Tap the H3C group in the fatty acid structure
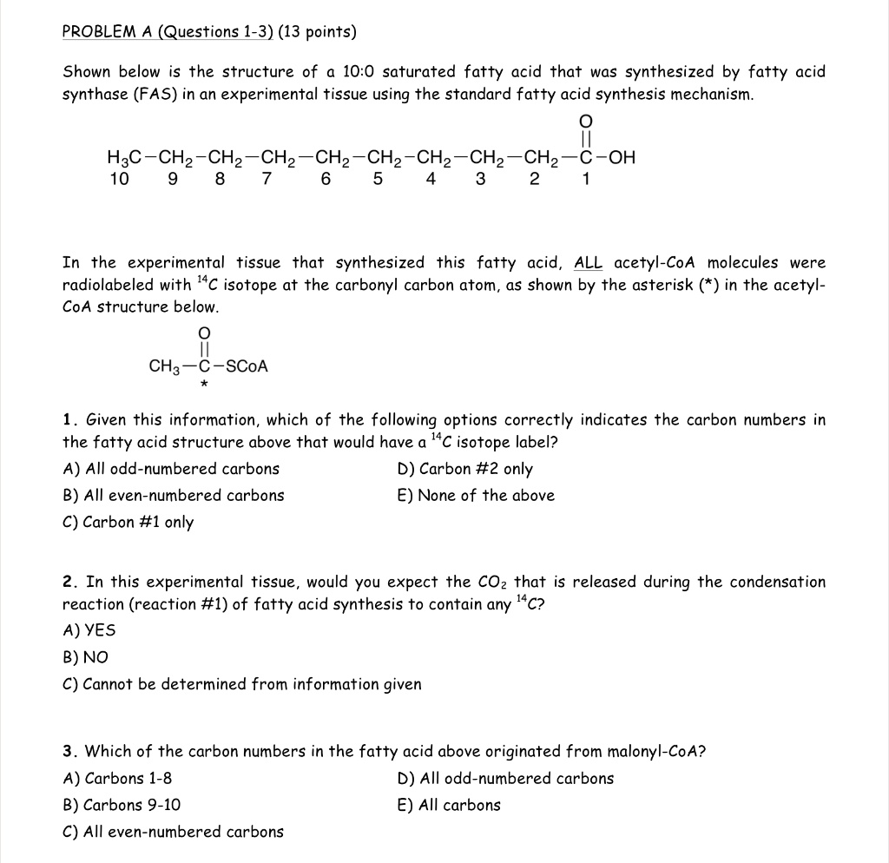tap(124, 158)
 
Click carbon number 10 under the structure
tap(119, 180)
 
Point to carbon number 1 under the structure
tap(586, 180)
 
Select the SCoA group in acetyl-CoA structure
tap(247, 366)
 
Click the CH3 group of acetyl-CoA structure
tap(164, 366)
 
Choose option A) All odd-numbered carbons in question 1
tap(172, 469)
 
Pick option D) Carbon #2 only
tap(464, 469)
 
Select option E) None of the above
tap(475, 496)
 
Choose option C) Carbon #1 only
tap(128, 522)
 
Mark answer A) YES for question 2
tap(89, 630)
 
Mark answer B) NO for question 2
tap(85, 657)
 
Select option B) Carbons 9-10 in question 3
tap(122, 805)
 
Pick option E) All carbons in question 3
tap(448, 805)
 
